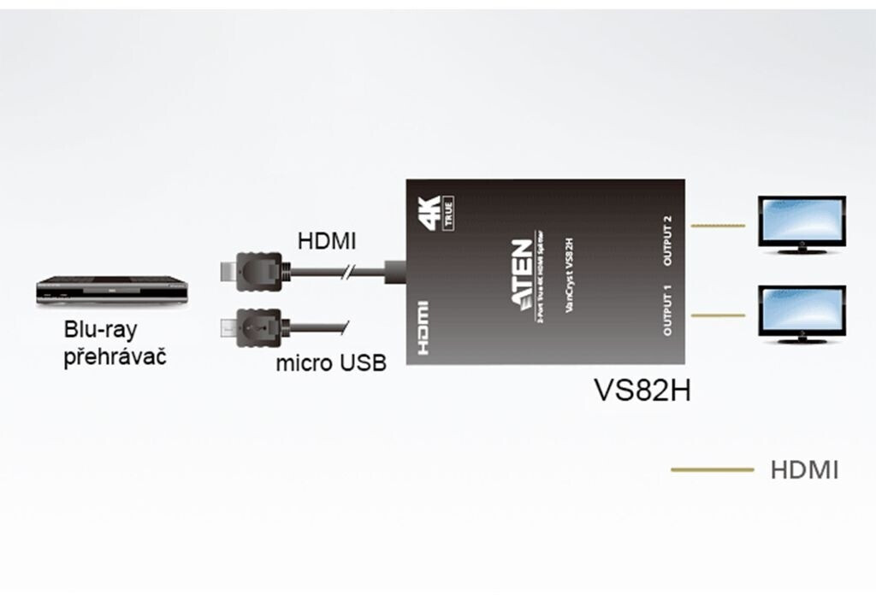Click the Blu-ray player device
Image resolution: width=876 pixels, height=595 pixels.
[x=111, y=291]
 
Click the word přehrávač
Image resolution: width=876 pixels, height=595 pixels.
[x=115, y=355]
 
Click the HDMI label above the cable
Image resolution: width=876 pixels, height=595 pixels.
[x=326, y=242]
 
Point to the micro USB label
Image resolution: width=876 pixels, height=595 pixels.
[x=331, y=363]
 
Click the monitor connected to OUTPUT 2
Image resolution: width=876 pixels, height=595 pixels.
[x=802, y=224]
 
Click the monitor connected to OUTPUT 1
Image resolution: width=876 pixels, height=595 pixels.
[x=802, y=314]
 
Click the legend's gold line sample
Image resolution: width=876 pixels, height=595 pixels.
[x=712, y=469]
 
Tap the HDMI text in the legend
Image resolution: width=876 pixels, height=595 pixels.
[x=804, y=469]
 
